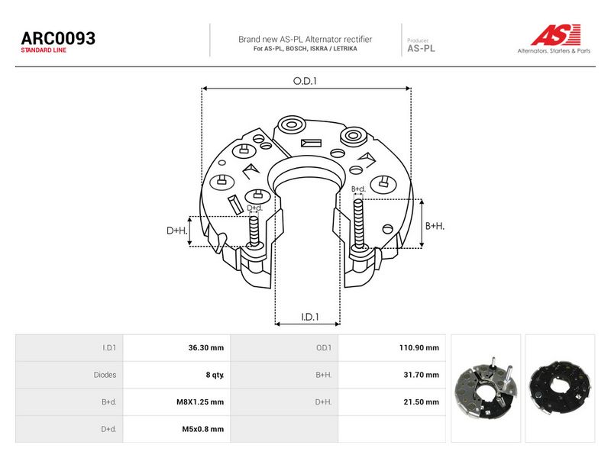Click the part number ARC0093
click(x=58, y=38)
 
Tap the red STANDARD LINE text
click(x=44, y=50)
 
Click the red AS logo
click(x=555, y=34)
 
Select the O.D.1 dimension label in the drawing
click(x=305, y=81)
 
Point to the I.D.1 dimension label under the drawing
click(x=310, y=317)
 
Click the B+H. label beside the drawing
click(x=435, y=226)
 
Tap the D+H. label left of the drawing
click(x=177, y=231)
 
